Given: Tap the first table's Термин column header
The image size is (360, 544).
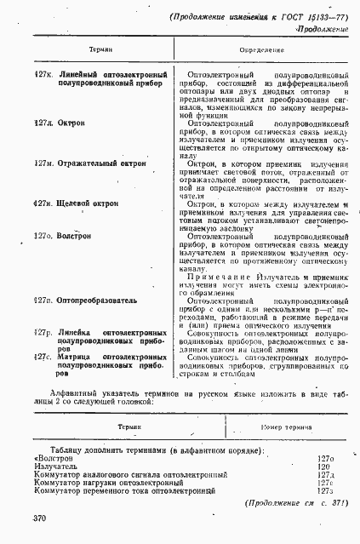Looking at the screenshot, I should [x=100, y=51].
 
